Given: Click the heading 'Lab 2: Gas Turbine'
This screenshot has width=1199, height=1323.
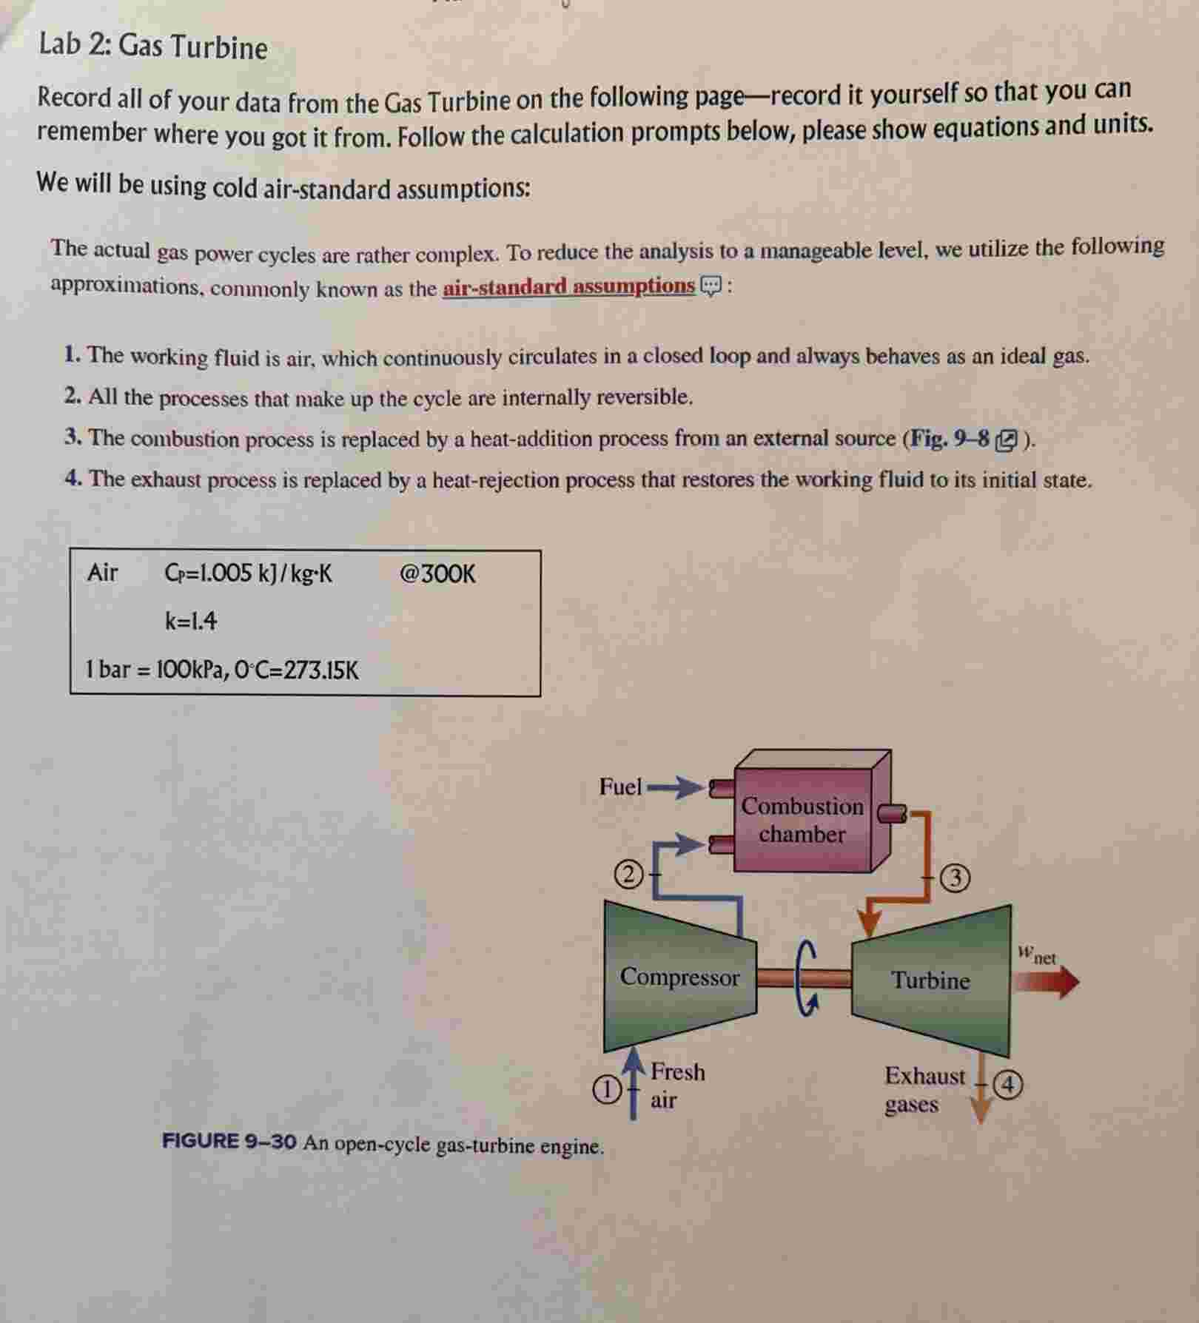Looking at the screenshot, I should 153,46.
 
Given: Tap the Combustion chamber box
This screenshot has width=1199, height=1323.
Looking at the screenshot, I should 802,821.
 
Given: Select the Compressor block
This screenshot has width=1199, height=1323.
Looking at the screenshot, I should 679,977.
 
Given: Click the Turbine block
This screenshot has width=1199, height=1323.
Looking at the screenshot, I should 930,980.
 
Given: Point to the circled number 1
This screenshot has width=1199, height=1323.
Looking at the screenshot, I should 607,1089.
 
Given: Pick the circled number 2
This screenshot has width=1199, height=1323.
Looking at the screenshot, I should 628,875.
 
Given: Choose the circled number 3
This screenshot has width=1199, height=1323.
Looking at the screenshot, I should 955,878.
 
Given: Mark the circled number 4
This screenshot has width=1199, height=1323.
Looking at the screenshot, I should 1007,1085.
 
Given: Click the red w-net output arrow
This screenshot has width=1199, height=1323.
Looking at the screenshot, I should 1045,983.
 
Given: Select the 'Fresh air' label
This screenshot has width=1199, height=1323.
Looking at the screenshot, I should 676,1085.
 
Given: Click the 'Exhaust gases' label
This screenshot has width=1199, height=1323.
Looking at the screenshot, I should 924,1089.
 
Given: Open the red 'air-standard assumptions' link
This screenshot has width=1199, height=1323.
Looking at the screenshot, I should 568,286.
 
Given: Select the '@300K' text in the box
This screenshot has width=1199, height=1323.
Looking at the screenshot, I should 437,574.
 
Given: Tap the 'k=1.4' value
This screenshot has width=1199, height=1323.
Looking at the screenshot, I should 191,621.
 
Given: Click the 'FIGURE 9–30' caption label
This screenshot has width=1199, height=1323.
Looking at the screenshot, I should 229,1141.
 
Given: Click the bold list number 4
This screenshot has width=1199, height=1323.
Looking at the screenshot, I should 73,479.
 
